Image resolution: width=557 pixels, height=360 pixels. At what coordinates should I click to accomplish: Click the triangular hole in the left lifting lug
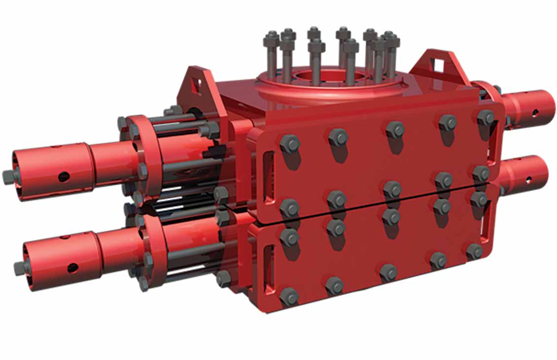197,85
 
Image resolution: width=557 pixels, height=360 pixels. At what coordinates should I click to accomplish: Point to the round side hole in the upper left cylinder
63,176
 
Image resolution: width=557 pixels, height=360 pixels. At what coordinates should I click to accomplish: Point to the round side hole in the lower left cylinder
72,268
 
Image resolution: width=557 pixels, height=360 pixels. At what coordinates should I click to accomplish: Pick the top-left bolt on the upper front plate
290,144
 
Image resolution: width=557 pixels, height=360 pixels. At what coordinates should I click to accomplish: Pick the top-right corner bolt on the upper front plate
486,117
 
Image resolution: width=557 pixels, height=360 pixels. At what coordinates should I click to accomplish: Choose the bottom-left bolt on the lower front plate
289,296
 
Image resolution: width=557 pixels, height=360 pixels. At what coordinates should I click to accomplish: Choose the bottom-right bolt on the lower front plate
475,252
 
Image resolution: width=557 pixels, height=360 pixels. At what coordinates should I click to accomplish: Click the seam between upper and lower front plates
375,213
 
